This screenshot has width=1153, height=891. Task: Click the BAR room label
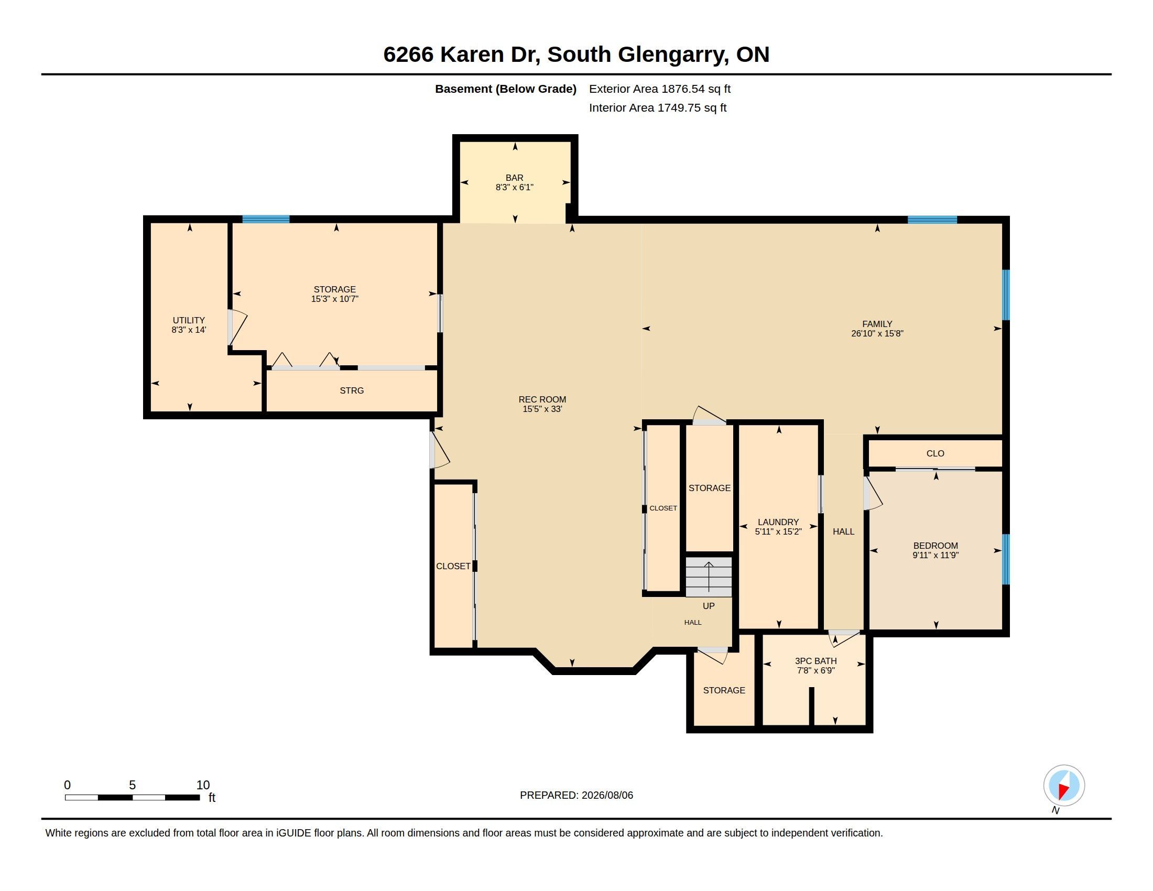tap(514, 178)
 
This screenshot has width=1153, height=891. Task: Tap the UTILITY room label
tap(189, 320)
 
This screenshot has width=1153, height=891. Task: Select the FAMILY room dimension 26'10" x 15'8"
tap(877, 333)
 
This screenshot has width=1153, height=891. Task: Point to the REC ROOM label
tap(542, 399)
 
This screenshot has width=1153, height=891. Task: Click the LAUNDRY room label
tap(778, 522)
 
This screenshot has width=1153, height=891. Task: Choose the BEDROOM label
tap(936, 546)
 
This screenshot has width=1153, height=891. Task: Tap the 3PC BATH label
tap(815, 661)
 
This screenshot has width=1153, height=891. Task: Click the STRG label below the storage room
tap(352, 390)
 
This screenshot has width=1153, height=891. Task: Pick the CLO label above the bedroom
tap(935, 453)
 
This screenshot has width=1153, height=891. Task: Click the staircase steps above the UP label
tap(709, 577)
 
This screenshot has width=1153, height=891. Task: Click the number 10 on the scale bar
tap(203, 785)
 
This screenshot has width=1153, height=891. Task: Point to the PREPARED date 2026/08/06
tap(607, 795)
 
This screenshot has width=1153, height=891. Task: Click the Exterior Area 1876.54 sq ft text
tap(659, 89)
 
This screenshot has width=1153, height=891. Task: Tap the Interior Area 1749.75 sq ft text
tap(657, 107)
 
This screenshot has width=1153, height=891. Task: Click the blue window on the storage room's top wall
tap(266, 219)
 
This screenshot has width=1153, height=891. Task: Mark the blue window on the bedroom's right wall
tap(1006, 559)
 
